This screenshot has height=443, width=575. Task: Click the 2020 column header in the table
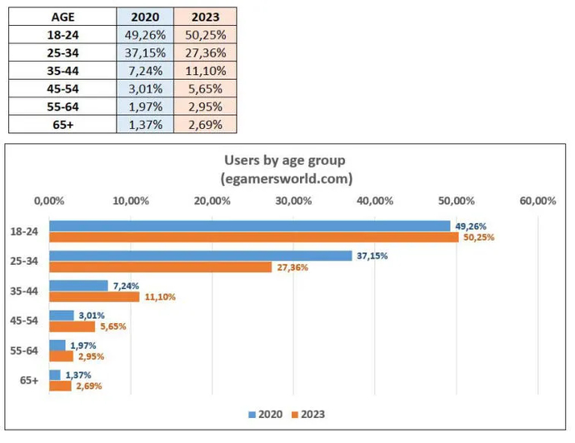tap(145, 17)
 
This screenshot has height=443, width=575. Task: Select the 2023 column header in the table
tap(205, 17)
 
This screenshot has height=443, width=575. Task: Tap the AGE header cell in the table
tap(62, 17)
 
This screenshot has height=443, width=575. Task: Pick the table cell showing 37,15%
tap(145, 52)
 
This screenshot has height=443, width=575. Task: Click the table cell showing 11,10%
tap(205, 71)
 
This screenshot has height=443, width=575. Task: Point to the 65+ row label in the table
tap(62, 124)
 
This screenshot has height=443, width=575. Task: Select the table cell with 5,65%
tap(205, 88)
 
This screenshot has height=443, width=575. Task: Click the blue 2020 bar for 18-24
tap(249, 226)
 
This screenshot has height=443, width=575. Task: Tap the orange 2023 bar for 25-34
tap(161, 267)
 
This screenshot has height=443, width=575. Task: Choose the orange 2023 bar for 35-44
tap(94, 296)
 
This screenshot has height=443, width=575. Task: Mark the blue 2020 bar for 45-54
tap(61, 316)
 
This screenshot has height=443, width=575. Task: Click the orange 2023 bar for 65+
tap(60, 386)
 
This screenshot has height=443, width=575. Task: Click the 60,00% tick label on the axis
tap(537, 201)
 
